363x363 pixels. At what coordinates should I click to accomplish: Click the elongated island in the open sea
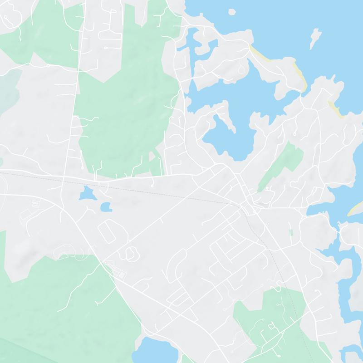click(x=314, y=39)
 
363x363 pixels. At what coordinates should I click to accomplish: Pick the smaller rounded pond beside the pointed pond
click(x=106, y=207)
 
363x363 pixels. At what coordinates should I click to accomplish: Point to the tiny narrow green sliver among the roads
click(x=290, y=232)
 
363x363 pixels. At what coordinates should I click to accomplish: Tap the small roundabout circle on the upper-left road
click(x=48, y=66)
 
